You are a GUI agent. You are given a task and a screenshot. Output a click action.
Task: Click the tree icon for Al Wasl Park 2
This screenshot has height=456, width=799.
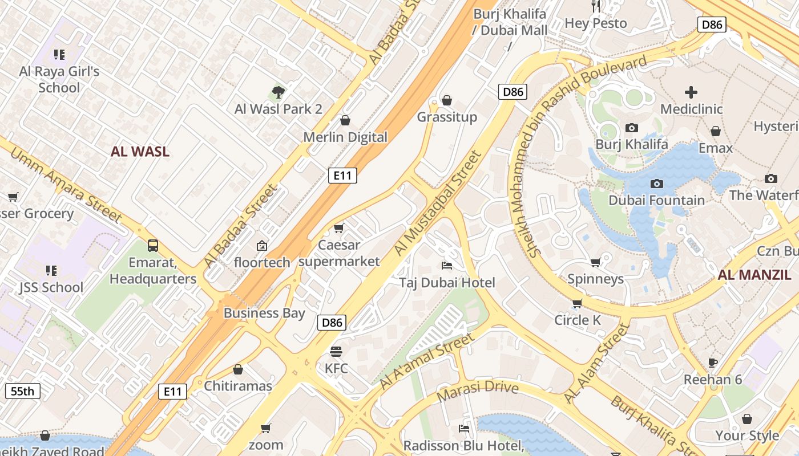[278, 91]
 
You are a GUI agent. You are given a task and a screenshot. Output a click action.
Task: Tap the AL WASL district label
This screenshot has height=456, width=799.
[140, 152]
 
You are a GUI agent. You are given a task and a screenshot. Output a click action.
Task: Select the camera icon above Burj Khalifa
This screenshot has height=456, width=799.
[631, 128]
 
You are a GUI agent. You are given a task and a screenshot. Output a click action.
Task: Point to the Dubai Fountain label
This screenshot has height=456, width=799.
[656, 200]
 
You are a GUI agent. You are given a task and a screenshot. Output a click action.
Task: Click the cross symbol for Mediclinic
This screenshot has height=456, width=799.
[691, 92]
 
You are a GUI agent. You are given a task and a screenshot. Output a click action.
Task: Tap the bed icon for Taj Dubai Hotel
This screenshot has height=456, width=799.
[447, 266]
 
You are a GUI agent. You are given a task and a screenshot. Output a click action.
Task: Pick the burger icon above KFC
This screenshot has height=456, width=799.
[336, 351]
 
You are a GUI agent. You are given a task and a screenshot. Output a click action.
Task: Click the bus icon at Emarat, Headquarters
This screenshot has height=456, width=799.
[153, 246]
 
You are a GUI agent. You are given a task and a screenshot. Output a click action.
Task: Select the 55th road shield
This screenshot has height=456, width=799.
[23, 391]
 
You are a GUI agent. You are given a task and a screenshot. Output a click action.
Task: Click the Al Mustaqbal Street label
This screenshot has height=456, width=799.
[438, 203]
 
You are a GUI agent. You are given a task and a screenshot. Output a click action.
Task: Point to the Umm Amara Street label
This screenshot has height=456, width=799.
[66, 185]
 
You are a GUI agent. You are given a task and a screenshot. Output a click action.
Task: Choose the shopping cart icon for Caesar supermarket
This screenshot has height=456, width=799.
[338, 229]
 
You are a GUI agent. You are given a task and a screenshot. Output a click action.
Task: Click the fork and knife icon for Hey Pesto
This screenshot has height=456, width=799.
[596, 6]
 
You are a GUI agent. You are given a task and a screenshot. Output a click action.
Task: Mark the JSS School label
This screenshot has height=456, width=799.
[51, 287]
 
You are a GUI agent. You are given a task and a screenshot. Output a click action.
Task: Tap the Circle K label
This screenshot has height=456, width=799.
[578, 320]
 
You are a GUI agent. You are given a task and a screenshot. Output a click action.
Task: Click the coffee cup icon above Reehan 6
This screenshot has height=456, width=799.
[712, 363]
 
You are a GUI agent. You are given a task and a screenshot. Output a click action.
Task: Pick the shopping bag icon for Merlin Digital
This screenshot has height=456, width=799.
[345, 120]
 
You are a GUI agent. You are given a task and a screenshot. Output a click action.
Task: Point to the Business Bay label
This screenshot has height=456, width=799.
[264, 313]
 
